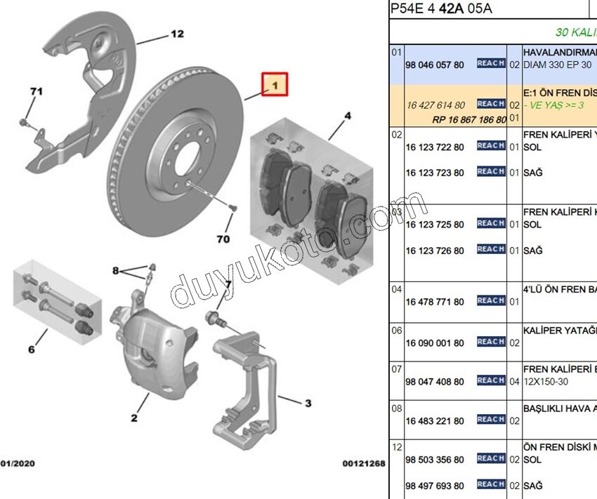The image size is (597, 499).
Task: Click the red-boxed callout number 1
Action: [275, 86]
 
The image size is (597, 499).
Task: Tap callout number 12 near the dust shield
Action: [176, 34]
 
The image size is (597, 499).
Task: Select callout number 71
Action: [36, 91]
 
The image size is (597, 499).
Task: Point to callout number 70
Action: [223, 239]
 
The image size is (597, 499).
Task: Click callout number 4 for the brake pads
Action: [348, 116]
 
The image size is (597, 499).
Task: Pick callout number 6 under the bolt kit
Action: [31, 349]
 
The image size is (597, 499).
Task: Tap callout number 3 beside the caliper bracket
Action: [308, 403]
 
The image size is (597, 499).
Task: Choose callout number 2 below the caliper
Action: [133, 419]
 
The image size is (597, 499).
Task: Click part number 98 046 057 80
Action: [435, 65]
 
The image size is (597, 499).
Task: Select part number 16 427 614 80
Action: [435, 105]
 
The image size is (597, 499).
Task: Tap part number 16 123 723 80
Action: [435, 173]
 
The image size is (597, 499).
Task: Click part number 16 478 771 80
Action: [435, 302]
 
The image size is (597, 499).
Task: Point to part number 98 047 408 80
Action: [435, 382]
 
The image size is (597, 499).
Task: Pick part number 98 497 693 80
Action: [435, 486]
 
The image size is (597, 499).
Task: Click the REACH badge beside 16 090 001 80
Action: [491, 342]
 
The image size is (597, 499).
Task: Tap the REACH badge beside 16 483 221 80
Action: [491, 420]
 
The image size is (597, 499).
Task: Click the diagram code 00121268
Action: [363, 464]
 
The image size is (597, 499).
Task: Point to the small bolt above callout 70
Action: [232, 208]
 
